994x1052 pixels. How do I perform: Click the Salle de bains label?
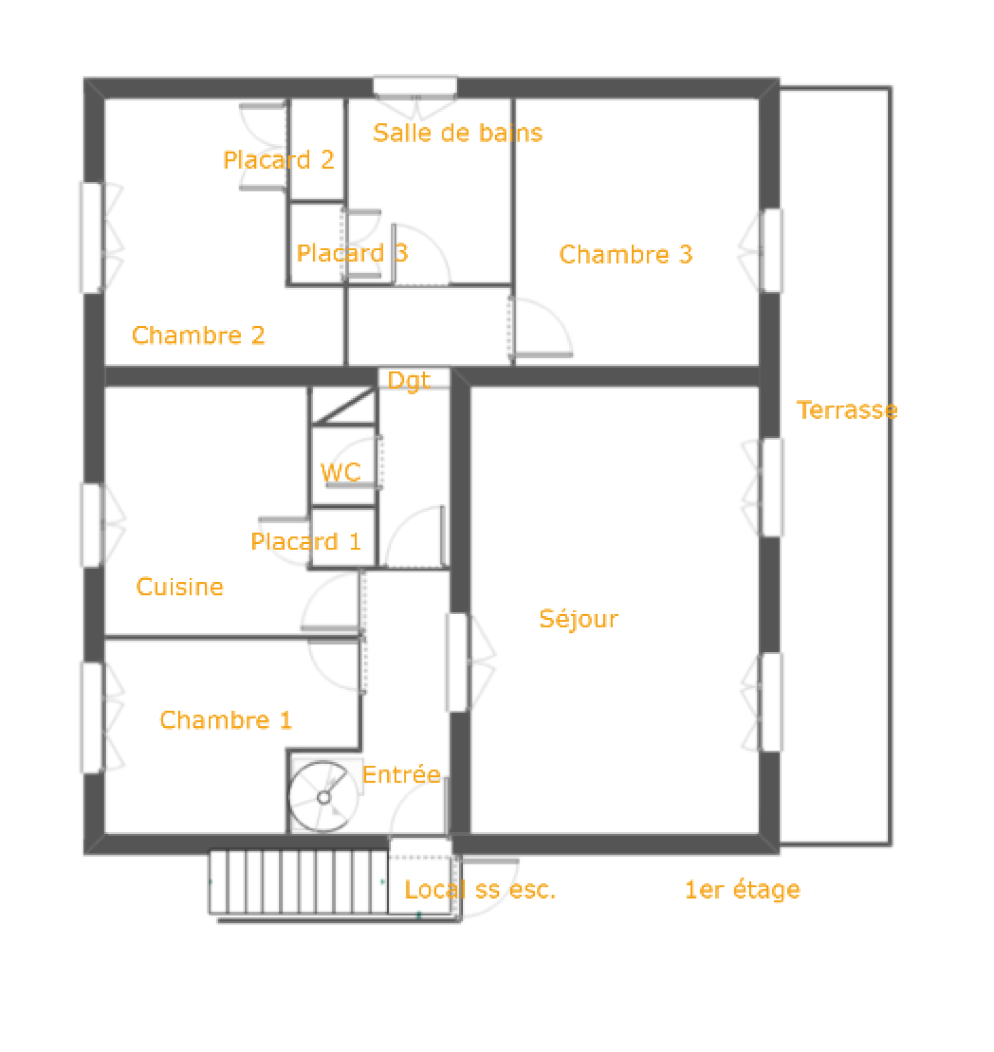(x=457, y=133)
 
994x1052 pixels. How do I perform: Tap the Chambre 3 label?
(x=626, y=255)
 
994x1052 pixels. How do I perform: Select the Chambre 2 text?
(x=198, y=335)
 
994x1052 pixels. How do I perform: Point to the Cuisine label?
(x=180, y=587)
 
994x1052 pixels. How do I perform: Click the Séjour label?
(x=578, y=619)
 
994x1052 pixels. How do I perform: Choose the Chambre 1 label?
(x=226, y=720)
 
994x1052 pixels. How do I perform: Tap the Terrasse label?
(x=847, y=410)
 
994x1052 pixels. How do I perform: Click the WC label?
(x=340, y=473)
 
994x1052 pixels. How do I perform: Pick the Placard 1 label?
(x=306, y=542)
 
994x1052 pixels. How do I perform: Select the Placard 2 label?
(x=279, y=160)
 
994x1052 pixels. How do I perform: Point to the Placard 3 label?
(x=352, y=253)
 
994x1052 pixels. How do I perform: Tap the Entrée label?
(x=401, y=774)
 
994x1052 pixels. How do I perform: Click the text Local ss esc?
(x=480, y=890)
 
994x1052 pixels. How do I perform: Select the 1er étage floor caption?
(x=742, y=890)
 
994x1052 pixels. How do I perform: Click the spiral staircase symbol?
(x=324, y=797)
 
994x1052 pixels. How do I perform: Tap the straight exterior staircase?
(x=299, y=882)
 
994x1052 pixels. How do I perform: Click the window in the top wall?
(x=415, y=86)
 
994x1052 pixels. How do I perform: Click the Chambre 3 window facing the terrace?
(x=771, y=250)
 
